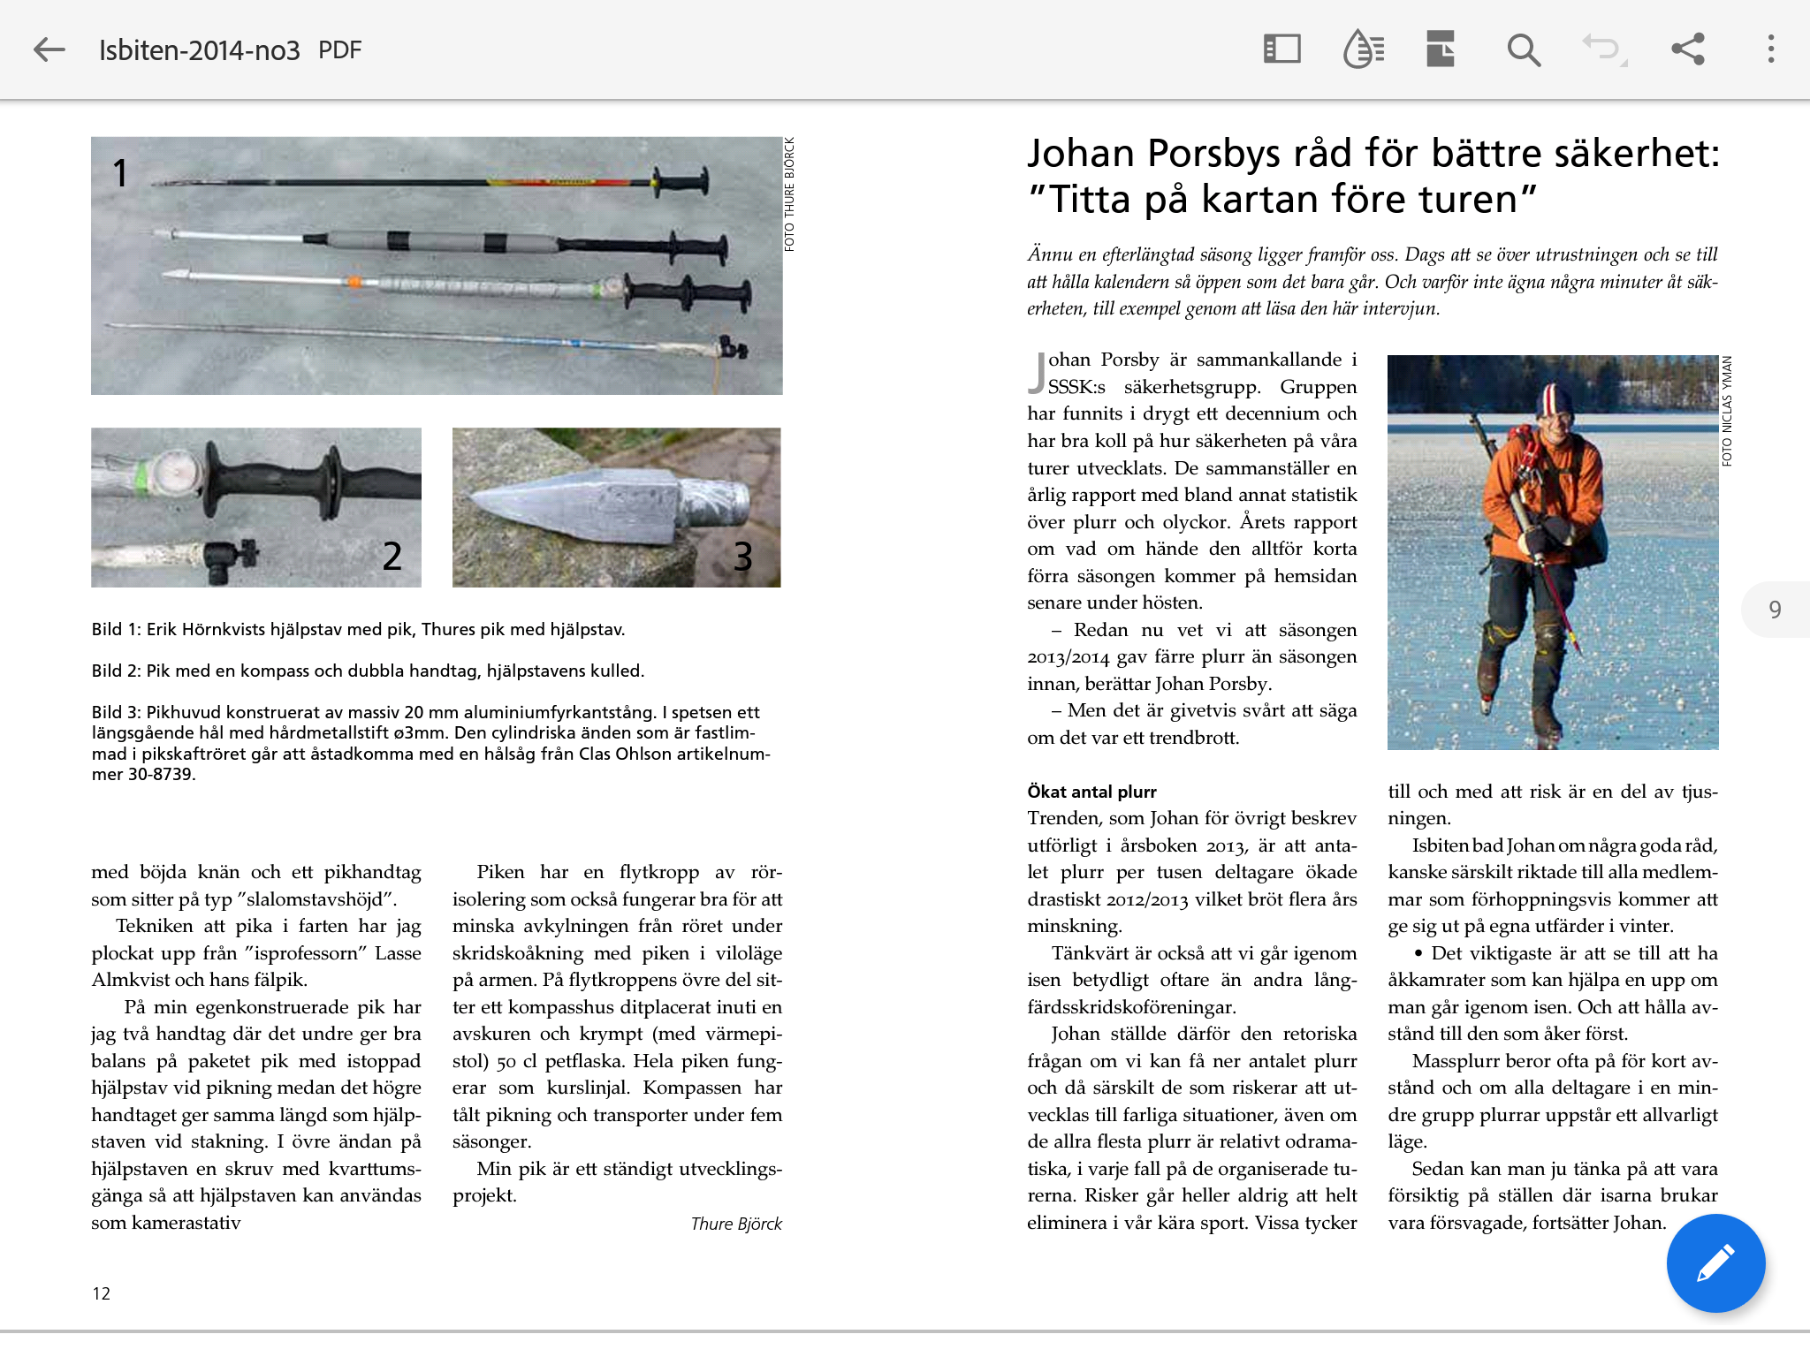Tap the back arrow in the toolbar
(49, 49)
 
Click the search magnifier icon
(1524, 49)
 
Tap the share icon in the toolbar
(1687, 49)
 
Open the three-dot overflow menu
(1770, 49)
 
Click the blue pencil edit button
(1715, 1262)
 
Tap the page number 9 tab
(1775, 610)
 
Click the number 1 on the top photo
(120, 172)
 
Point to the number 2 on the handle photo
(392, 557)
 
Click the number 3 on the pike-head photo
(742, 557)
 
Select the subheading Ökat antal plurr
(1091, 792)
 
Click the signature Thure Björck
(736, 1224)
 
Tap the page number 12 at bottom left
(102, 1293)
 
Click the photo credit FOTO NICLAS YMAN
(1727, 411)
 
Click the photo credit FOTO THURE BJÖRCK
(789, 194)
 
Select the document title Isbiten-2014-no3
(200, 50)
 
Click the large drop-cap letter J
(1037, 373)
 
